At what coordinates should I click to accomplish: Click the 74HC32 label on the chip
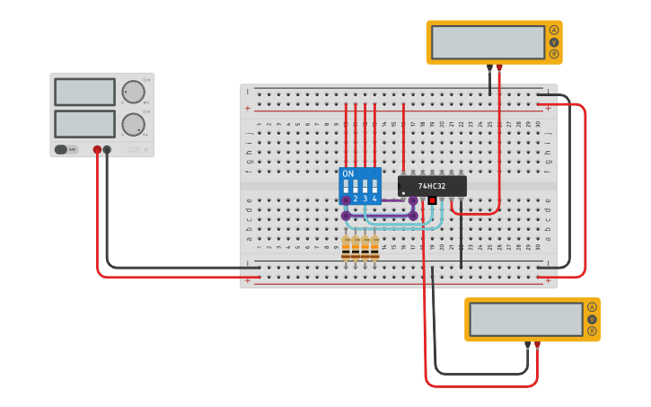[432, 186]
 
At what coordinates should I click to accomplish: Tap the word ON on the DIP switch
[348, 173]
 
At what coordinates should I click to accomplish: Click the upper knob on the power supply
[133, 92]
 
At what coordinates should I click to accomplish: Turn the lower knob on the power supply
[133, 124]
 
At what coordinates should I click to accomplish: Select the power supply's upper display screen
[84, 92]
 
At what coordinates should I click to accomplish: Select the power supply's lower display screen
[84, 123]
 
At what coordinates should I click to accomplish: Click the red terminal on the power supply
[97, 150]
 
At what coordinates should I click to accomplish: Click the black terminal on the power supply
[107, 150]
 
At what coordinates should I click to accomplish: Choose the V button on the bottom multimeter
[592, 319]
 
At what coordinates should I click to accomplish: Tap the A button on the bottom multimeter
[592, 307]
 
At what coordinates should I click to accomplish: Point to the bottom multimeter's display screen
[526, 319]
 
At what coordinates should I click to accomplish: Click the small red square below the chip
[432, 199]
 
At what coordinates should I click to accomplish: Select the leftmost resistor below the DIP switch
[346, 247]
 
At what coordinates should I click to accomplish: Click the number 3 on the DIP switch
[365, 199]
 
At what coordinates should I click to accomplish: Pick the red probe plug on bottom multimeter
[537, 345]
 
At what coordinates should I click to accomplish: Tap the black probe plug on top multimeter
[489, 67]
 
